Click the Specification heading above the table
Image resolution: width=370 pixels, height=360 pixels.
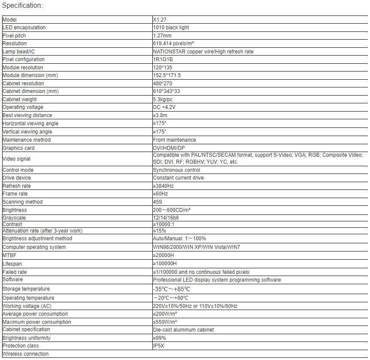coord(22,6)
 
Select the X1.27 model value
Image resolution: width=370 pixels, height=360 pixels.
coord(159,20)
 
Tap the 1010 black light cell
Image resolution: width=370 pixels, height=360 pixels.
coord(171,28)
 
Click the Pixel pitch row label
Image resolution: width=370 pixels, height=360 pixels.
coord(14,36)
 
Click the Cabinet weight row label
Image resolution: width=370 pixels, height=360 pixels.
coord(20,99)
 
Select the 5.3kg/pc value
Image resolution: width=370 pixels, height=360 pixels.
coord(163,99)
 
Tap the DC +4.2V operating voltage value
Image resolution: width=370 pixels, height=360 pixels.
coord(164,107)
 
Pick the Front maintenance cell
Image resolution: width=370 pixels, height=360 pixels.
coord(174,140)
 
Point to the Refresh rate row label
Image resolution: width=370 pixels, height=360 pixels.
coord(17,186)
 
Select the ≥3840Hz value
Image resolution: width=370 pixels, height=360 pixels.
coord(164,186)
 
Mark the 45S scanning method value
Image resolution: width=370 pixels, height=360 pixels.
coord(158,202)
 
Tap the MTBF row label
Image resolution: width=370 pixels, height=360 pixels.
coord(9,255)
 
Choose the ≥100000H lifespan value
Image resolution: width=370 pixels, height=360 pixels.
coord(165,264)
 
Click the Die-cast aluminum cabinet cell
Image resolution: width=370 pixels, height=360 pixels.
coord(183,330)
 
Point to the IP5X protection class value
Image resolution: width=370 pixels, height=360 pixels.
coord(159,346)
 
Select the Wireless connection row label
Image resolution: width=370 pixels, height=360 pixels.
coord(25,354)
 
